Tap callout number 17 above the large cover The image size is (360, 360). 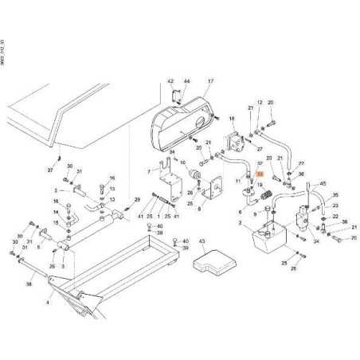click(211, 82)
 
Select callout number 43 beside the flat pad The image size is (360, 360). click(202, 240)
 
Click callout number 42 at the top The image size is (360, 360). click(170, 82)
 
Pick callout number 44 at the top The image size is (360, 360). click(187, 82)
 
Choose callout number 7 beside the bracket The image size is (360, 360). click(148, 171)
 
